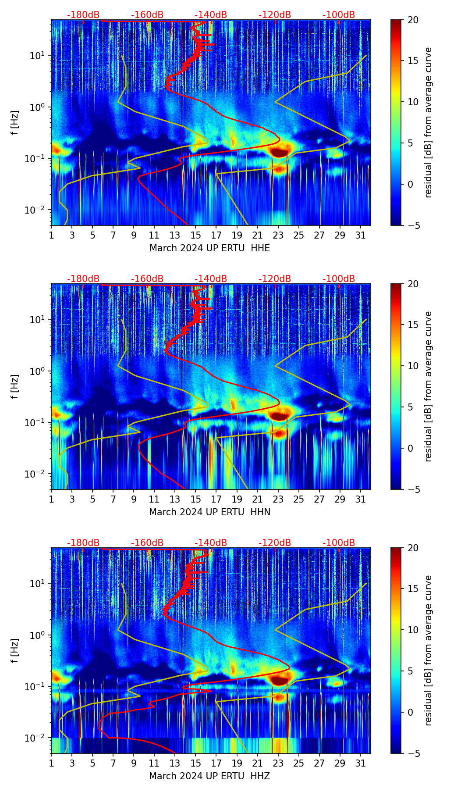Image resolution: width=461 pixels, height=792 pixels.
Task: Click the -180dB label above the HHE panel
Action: [83, 15]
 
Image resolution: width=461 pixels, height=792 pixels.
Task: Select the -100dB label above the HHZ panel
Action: [339, 543]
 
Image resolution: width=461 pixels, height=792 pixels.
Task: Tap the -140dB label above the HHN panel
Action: [211, 279]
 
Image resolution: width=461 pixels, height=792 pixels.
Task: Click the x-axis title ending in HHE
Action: [209, 248]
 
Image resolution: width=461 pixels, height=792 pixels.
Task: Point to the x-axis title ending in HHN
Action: [209, 512]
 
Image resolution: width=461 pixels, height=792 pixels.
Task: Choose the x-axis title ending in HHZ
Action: [209, 776]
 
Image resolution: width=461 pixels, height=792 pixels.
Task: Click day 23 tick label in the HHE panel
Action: [278, 235]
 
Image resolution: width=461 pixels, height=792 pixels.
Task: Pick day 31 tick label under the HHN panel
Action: [361, 499]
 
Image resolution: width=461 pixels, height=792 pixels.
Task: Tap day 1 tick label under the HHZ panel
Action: [52, 763]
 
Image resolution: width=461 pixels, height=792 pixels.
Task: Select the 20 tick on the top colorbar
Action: [413, 20]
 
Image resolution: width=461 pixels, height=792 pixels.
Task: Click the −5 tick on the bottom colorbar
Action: [413, 753]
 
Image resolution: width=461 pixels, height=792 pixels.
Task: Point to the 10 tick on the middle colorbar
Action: [413, 366]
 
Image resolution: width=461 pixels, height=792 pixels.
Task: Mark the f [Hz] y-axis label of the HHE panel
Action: [15, 122]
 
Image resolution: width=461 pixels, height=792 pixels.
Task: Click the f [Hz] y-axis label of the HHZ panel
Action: [15, 650]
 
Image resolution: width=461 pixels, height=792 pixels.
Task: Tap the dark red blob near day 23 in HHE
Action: [279, 152]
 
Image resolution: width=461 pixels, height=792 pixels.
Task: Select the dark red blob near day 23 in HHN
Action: [279, 416]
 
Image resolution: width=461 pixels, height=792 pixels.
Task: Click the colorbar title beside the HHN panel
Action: [429, 386]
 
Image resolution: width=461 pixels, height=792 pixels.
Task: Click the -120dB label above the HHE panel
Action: [275, 15]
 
